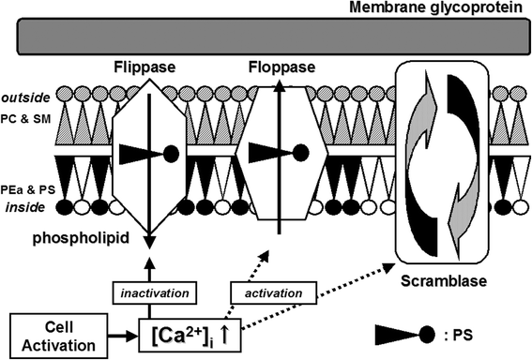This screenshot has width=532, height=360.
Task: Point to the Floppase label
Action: tap(278, 69)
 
